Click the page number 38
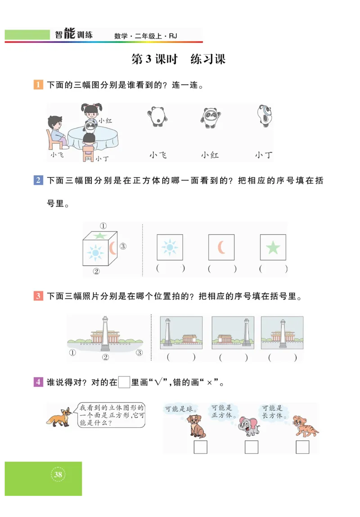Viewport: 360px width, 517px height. click(58, 474)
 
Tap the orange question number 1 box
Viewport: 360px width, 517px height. click(38, 85)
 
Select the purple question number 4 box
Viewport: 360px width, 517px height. click(38, 382)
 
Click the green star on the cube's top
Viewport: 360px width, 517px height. click(99, 235)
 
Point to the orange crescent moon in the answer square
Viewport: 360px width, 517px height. click(221, 247)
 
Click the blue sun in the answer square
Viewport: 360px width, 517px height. click(170, 247)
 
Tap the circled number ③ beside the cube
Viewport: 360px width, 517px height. click(123, 246)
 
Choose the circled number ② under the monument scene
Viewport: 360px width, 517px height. click(106, 357)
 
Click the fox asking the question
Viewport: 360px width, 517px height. click(59, 417)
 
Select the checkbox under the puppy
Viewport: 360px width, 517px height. click(200, 447)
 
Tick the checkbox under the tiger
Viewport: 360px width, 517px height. click(302, 447)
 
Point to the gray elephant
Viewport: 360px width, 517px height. click(248, 426)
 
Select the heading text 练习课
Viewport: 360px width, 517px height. click(207, 59)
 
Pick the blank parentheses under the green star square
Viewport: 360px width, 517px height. click(273, 269)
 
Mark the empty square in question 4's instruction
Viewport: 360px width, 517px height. click(124, 382)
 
